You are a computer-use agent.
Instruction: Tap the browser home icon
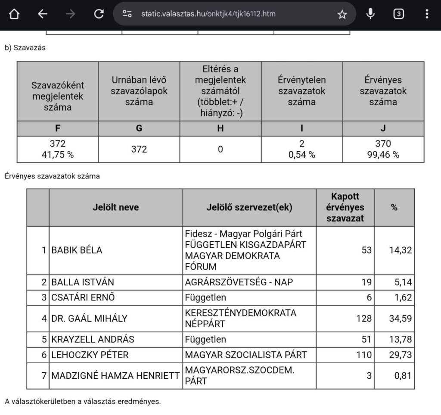pos(14,14)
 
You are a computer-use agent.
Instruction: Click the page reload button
pos(99,14)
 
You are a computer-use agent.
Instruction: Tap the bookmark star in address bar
pos(342,14)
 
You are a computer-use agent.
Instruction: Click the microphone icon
pos(370,14)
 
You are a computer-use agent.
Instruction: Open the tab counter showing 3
pos(398,14)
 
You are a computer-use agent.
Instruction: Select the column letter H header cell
pos(220,128)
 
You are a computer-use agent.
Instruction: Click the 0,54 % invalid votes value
pos(301,154)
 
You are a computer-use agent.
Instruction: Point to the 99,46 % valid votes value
pos(383,154)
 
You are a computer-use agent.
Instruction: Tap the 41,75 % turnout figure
pos(57,154)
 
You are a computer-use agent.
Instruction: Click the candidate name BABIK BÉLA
pos(77,250)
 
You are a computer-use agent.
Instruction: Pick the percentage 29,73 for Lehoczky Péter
pos(400,355)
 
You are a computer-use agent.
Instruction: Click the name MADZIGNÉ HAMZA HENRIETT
pos(115,375)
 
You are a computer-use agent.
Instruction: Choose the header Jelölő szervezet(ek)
pos(249,207)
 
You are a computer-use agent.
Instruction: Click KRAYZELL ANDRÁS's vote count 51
pos(366,339)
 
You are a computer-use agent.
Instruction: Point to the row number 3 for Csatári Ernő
pos(43,297)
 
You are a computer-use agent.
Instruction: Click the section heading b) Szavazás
pos(25,48)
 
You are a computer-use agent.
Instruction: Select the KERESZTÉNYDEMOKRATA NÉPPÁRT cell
pos(240,318)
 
